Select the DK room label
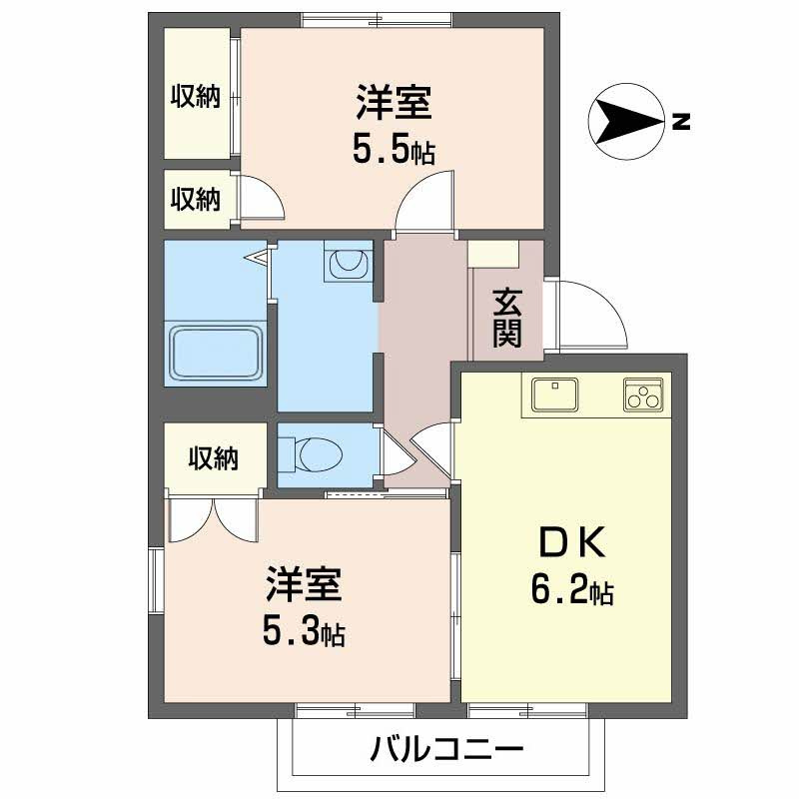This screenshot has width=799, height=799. point(571,543)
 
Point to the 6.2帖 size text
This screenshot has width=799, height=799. point(571,590)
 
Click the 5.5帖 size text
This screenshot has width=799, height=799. point(393,150)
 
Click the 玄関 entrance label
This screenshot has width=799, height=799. point(507,317)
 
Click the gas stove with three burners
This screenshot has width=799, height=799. point(644,396)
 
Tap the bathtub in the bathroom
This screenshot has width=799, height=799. point(217,354)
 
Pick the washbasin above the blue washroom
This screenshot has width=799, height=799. point(347,263)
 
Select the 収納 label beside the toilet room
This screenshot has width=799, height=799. point(214,458)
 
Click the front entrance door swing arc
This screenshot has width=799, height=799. point(592,315)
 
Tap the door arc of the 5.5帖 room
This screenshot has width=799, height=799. point(423,202)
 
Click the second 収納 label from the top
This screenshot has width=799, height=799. point(194,198)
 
